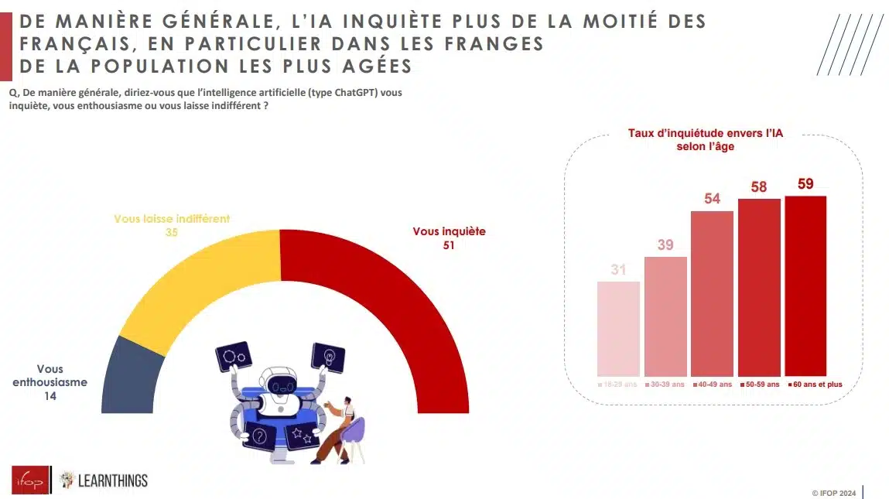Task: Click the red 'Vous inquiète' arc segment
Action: coord(402,309)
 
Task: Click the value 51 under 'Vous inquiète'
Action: coord(449,245)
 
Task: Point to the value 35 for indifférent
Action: coord(172,231)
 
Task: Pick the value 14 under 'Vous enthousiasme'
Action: coord(51,395)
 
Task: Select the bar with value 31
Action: coord(618,328)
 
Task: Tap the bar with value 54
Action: coord(712,293)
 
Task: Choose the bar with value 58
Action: coord(759,287)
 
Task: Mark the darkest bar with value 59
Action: coord(805,285)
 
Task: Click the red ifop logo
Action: coord(30,480)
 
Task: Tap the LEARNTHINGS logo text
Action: coord(113,480)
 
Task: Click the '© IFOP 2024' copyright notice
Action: coord(833,493)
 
